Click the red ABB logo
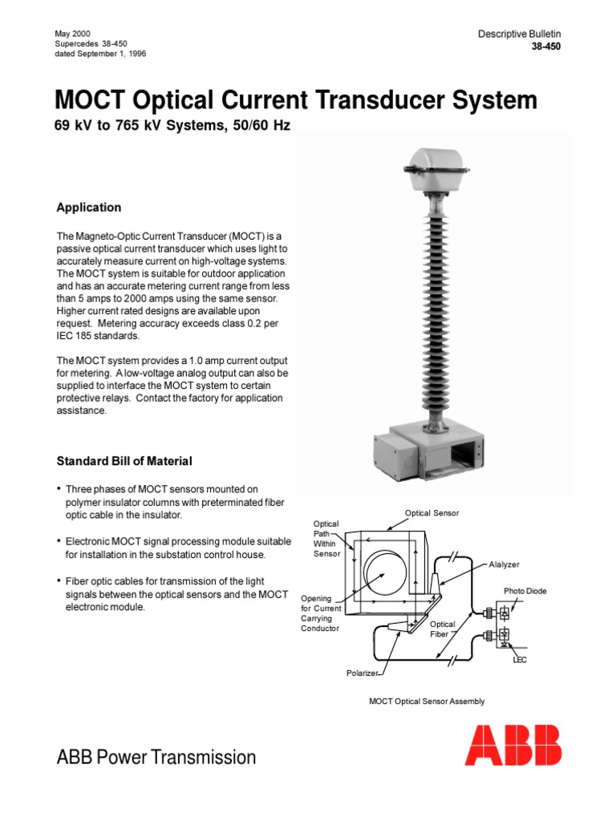513,745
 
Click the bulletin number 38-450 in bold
546,47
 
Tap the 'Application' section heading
89,208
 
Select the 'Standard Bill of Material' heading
124,461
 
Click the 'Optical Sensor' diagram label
432,513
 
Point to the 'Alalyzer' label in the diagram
505,564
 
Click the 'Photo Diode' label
525,591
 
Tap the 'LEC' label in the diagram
520,660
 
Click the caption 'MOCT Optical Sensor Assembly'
427,702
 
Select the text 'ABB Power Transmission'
156,758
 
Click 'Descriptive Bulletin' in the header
520,34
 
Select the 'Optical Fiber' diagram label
443,629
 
